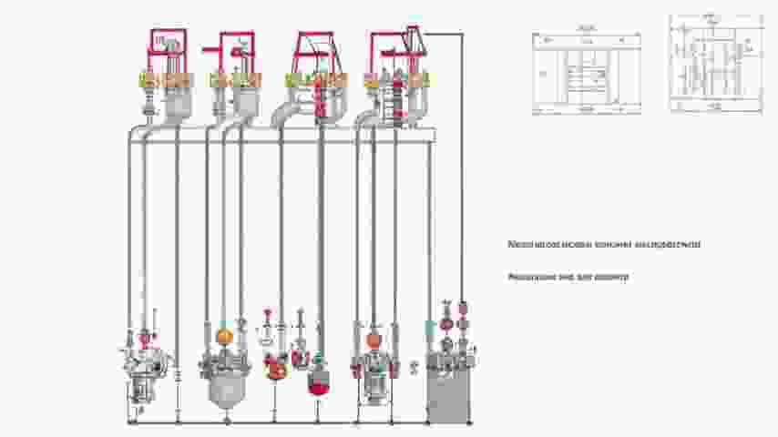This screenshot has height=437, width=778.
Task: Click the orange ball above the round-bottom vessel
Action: coord(224,337)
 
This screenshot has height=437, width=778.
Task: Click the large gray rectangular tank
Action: coord(448,396)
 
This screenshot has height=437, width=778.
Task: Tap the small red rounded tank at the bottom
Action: coord(318,383)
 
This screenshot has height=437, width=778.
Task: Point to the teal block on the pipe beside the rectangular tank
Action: coord(429,325)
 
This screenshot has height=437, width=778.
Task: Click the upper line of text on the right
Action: coord(604,244)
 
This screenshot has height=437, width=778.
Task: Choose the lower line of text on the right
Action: coord(568,276)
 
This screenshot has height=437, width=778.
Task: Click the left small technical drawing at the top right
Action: coord(586,74)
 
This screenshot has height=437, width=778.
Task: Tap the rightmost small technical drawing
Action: coord(715,63)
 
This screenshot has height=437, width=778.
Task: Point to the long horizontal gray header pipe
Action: coord(282,135)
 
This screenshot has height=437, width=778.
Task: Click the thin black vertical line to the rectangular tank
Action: coord(462,164)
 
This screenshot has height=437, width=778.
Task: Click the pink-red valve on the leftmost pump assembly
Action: coord(144,338)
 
